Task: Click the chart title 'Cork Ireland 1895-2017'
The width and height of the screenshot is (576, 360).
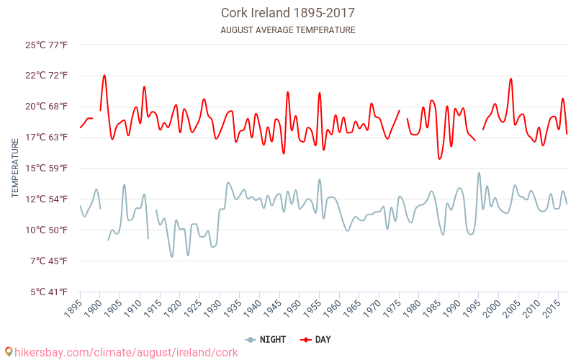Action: tap(287, 13)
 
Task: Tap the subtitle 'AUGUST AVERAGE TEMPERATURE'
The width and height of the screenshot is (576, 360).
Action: tap(287, 30)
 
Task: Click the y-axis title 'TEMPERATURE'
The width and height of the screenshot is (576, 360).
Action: tap(14, 168)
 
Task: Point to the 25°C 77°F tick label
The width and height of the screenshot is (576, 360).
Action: tap(47, 45)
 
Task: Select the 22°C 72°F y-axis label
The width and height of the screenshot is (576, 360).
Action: tap(47, 76)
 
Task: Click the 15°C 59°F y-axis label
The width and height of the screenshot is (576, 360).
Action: tap(47, 168)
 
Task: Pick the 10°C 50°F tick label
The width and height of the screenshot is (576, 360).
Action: tap(47, 230)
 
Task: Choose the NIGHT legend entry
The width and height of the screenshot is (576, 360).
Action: tap(267, 340)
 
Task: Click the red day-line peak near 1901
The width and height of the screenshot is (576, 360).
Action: tap(104, 75)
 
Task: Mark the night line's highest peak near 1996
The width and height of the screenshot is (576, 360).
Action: tap(479, 173)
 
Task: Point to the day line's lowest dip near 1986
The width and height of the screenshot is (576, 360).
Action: tap(439, 158)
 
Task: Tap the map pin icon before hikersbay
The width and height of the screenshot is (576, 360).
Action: tap(8, 352)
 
